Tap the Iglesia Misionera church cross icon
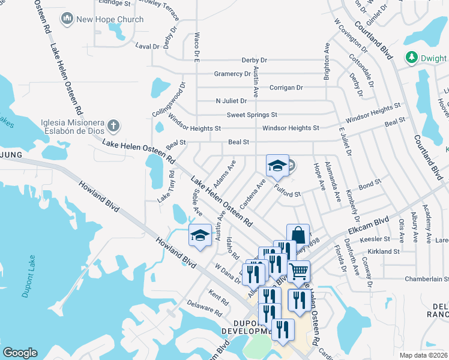click(x=113, y=126)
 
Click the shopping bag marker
click(x=298, y=235)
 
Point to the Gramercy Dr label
click(x=232, y=74)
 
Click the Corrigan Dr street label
click(x=286, y=88)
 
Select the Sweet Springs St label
click(x=252, y=115)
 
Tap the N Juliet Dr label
click(x=231, y=101)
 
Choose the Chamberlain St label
click(x=427, y=279)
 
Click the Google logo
click(x=20, y=353)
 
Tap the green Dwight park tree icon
click(x=412, y=58)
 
